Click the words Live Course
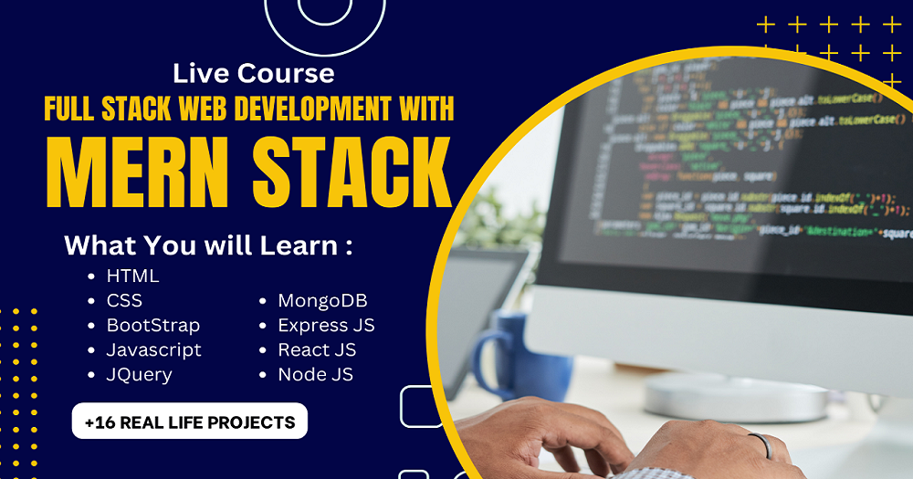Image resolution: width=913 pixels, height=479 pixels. pos(253,72)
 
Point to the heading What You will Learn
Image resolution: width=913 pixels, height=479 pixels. pos(208,246)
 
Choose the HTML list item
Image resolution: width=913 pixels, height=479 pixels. pos(132,276)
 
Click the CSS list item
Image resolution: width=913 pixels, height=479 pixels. pos(124,300)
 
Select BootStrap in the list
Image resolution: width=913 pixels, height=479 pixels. pos(152,325)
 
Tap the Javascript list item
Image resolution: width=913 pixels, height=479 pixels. pos(153,349)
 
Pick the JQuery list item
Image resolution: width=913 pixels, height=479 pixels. pos(139,374)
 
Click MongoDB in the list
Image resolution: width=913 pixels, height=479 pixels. pos(322,300)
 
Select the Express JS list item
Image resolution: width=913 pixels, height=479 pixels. pos(326,325)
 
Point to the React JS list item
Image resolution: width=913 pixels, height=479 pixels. pos(317,349)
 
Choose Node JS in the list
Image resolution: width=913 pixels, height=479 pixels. pos(315,374)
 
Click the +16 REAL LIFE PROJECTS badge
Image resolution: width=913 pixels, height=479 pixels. pos(190,422)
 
